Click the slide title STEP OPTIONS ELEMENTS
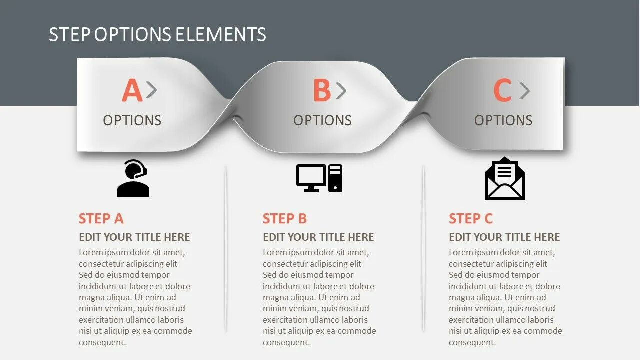point(157,34)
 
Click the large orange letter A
point(132,91)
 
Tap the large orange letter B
point(322,91)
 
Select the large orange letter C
point(502,91)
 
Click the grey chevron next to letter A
point(151,90)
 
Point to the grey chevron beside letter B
point(341,90)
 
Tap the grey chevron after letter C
point(524,90)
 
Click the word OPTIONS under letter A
point(132,120)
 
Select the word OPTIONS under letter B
point(322,120)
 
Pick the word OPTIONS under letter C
point(503,120)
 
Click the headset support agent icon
point(133,178)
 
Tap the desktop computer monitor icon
point(311,178)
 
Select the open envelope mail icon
point(504,179)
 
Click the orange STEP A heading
point(101,219)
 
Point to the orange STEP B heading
point(285,219)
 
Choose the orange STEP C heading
point(471,219)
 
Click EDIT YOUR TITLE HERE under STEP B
point(318,237)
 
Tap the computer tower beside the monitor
point(335,178)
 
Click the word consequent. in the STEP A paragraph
point(102,342)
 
